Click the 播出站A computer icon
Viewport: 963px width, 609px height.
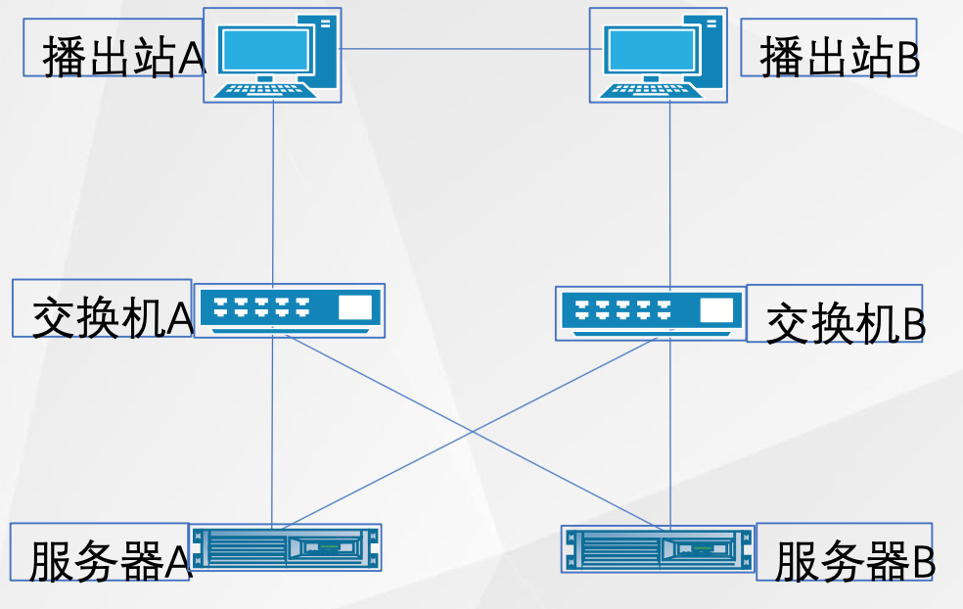273,55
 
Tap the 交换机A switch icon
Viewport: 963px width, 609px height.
289,310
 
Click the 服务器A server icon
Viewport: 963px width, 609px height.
286,546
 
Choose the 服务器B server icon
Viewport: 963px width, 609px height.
658,549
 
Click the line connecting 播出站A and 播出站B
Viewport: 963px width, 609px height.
466,49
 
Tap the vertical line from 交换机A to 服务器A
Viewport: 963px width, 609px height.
272,431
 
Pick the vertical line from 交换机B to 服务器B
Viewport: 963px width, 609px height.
670,431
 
